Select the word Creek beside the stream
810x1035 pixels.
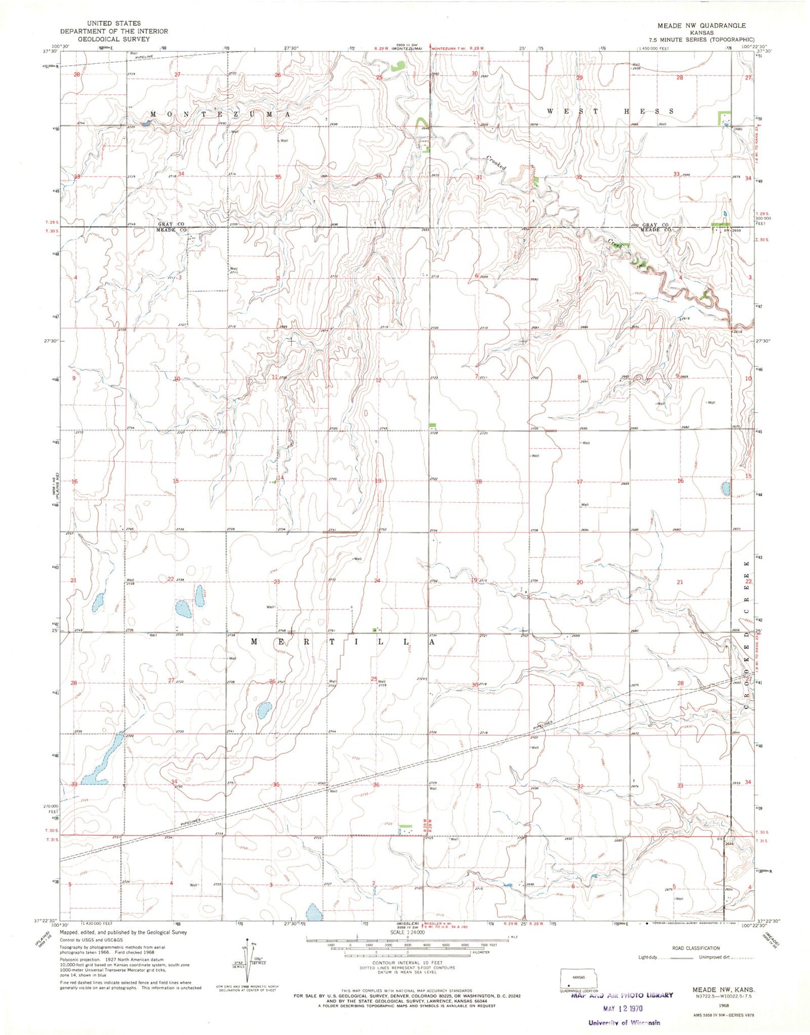(x=615, y=245)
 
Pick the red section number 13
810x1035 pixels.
(x=378, y=481)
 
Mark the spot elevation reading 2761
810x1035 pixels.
(x=332, y=631)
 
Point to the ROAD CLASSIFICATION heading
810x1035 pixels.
(x=696, y=948)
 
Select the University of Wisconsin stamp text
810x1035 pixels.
(x=623, y=1023)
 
